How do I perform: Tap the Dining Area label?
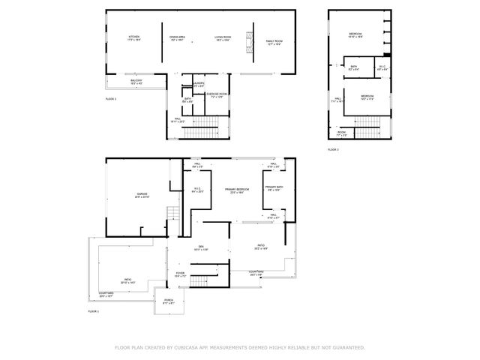coord(177,38)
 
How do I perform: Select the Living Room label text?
coord(223,38)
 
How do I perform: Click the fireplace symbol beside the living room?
coord(244,48)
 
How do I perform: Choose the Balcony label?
coord(137,82)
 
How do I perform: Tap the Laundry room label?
coord(199,85)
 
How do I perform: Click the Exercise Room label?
coord(217,95)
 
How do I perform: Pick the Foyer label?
coord(180,274)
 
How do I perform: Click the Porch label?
coord(169,301)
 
